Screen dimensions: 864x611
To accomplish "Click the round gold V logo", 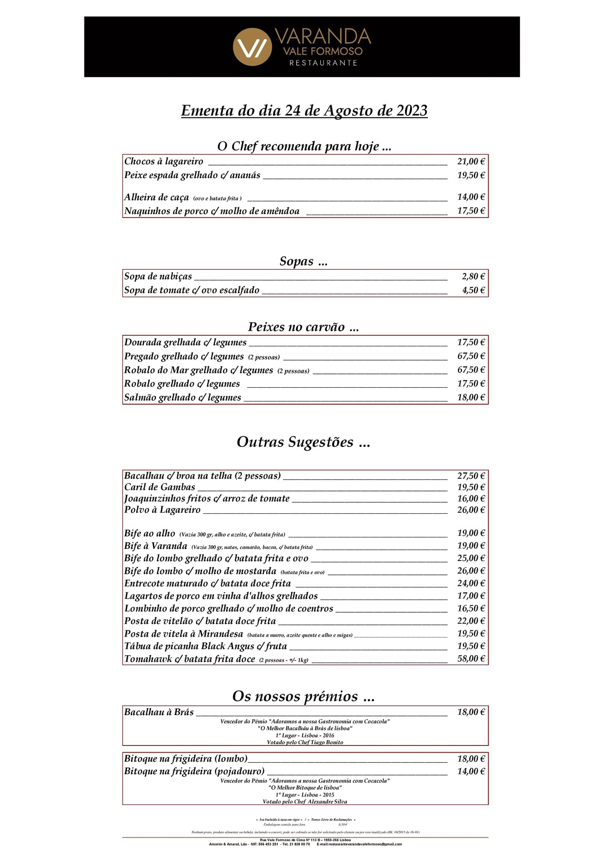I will [252, 47].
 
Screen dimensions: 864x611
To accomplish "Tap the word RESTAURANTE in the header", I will [323, 63].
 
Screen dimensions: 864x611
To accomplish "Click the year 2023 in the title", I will [412, 111].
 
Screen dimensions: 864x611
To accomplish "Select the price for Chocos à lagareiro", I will [471, 161].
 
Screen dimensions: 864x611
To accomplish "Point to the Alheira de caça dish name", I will [157, 197].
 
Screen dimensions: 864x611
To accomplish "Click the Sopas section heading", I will [303, 261].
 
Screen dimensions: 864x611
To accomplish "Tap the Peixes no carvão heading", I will [303, 327].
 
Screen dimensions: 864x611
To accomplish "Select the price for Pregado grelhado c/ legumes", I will [471, 356].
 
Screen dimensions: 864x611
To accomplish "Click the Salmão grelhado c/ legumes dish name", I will [183, 397].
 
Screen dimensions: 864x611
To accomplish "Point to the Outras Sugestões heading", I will [303, 442].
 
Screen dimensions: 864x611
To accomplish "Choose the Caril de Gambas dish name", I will [160, 487].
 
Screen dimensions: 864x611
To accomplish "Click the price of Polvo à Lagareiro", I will [471, 510].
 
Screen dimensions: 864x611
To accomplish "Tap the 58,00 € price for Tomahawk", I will [471, 659].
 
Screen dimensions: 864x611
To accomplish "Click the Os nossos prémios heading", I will [303, 696].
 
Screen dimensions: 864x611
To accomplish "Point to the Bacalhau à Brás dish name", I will [159, 712].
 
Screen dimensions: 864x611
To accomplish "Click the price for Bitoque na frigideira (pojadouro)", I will [471, 772].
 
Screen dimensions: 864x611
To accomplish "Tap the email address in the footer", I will [359, 843].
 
